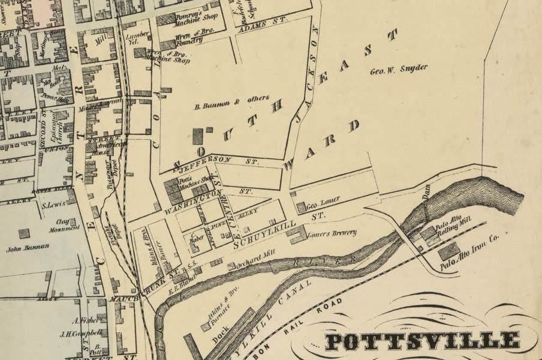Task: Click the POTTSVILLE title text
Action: [x=423, y=341]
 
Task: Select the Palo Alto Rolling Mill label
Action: [x=453, y=230]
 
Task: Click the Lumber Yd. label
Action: [x=138, y=40]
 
